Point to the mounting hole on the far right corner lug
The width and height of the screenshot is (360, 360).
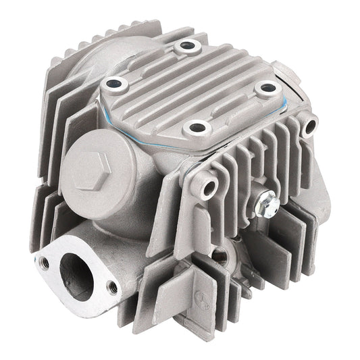[310, 125]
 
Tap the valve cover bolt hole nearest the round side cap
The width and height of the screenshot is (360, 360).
[114, 85]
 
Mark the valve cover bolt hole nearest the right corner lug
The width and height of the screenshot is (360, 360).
[268, 87]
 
